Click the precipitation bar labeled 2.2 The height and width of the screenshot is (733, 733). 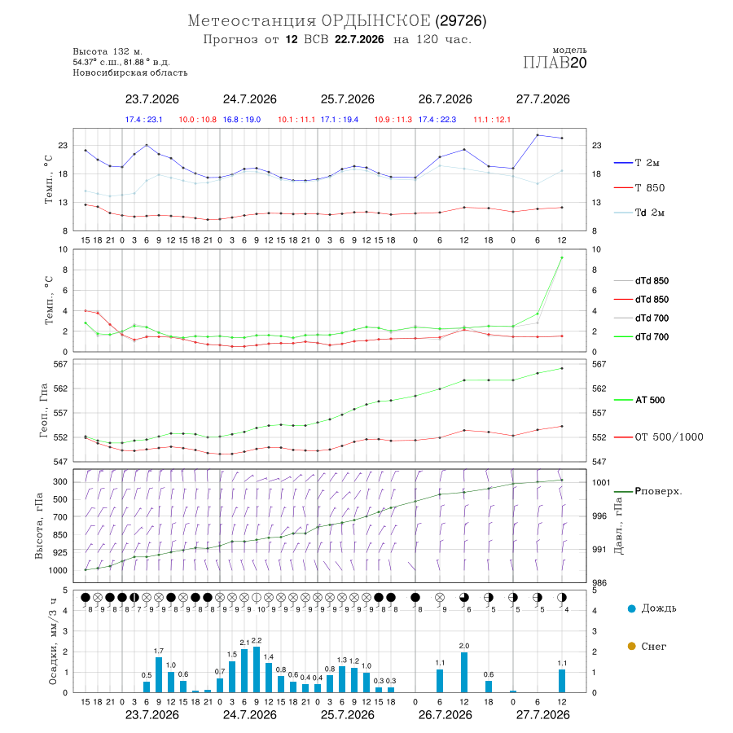coord(257,669)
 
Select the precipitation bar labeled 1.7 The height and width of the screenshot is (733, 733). coord(159,674)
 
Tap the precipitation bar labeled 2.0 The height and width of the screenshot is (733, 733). coord(464,672)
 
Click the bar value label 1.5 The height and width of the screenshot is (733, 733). coord(232,655)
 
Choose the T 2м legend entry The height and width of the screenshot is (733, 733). coord(637,163)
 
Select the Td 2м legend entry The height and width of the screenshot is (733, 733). coord(639,213)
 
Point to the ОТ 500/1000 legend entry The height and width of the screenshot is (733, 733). coord(658,437)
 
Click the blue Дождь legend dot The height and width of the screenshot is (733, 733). coord(631,608)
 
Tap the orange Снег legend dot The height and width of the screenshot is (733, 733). coord(631,646)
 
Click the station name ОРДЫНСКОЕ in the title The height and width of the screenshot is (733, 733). coord(375,21)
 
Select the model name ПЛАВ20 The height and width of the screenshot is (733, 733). coord(555,63)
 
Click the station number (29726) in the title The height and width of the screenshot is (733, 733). coord(461,21)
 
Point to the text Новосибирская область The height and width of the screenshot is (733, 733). coord(130,73)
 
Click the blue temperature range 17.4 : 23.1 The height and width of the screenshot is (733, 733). coord(143,120)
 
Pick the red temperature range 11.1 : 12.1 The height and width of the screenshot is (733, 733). coord(492,120)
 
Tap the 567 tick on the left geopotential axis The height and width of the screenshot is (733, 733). coord(61,364)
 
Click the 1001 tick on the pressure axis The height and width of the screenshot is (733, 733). coord(601,482)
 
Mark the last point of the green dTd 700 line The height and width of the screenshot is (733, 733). coord(562,257)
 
